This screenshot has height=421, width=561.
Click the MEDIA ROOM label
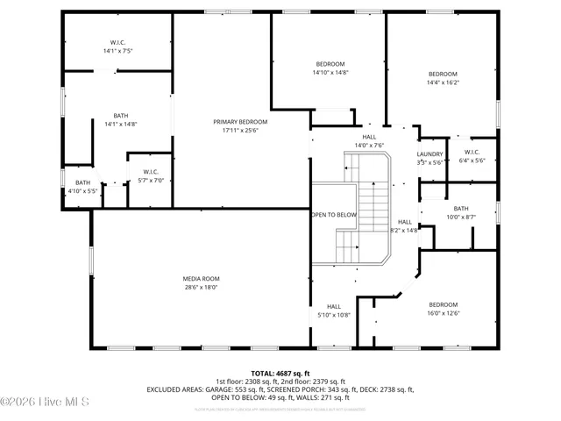[201, 278]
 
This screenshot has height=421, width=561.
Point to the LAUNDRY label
[430, 153]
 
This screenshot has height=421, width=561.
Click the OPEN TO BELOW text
[334, 214]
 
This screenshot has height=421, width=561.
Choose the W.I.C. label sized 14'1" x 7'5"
[118, 42]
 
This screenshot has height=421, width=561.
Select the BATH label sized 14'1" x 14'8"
[121, 115]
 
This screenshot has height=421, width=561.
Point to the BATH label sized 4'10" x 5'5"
[82, 182]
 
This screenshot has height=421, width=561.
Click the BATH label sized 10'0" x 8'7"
[461, 208]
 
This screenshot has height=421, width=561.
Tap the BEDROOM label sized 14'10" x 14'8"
[330, 64]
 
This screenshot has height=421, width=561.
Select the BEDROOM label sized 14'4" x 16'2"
[443, 74]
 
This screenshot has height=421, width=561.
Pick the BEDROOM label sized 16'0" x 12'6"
[443, 304]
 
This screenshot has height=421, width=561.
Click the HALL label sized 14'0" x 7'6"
[370, 137]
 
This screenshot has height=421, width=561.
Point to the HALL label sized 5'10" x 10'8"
[333, 305]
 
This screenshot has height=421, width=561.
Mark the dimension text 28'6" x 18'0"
[201, 287]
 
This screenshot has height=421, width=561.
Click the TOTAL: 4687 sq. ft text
[280, 373]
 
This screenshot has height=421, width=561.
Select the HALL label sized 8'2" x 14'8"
[404, 222]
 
